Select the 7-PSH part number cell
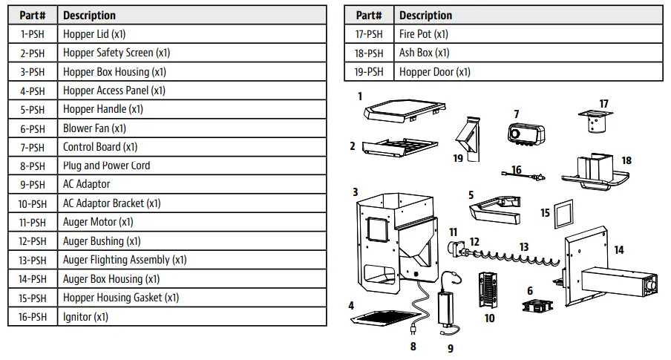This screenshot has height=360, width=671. coord(32,147)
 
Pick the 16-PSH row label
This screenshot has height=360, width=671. coord(32,317)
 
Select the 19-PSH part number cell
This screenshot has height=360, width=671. coord(369,72)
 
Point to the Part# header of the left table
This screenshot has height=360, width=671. coord(32,15)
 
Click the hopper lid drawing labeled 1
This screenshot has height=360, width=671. coord(403,111)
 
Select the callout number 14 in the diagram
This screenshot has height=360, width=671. coord(618,250)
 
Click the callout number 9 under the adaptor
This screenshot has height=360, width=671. coord(450,347)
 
